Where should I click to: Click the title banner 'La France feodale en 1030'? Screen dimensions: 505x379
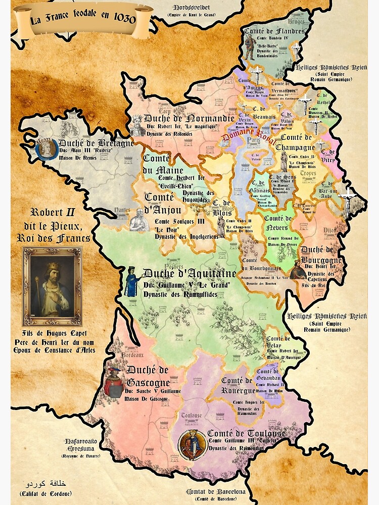[83, 21]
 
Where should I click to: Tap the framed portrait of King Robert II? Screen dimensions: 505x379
[52, 286]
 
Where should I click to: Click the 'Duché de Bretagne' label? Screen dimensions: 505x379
[96, 143]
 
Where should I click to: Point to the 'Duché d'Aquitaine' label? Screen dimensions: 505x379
[189, 274]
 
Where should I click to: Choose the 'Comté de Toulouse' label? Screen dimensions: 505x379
[246, 433]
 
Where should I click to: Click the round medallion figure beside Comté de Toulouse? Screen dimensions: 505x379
[192, 445]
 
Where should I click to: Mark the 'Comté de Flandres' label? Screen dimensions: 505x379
[274, 31]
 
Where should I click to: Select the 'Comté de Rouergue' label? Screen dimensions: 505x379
[236, 385]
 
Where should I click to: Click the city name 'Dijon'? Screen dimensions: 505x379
[329, 230]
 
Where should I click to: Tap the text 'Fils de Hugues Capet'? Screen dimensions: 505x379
[55, 333]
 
